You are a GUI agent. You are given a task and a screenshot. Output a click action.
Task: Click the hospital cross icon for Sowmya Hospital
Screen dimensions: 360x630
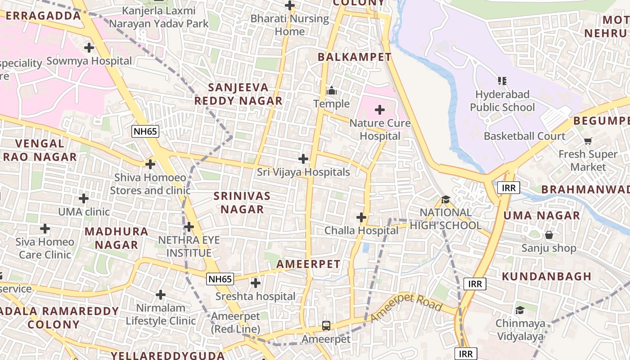point(89,47)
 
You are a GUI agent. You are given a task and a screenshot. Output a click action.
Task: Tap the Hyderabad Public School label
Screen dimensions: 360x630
point(502,101)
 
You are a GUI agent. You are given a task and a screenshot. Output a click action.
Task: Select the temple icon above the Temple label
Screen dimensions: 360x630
point(332,91)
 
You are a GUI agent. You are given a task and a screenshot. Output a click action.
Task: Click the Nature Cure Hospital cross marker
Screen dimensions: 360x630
point(380,110)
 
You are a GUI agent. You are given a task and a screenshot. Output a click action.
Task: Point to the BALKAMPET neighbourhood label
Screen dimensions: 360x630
point(355,57)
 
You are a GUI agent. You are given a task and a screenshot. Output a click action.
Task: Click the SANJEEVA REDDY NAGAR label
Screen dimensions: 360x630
point(238,94)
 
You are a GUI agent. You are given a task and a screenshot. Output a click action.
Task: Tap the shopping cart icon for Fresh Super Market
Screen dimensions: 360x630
point(588,141)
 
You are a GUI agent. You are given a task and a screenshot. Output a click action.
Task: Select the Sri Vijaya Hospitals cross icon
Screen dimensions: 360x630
point(303,159)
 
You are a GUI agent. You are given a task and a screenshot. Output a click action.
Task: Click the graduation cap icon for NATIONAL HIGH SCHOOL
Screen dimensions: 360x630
point(445,199)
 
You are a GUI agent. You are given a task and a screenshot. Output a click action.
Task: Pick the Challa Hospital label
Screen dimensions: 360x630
point(361,231)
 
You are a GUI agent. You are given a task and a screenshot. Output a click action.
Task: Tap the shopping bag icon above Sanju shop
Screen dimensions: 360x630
point(549,235)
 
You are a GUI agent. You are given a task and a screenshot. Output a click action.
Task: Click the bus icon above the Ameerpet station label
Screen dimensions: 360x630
point(326,326)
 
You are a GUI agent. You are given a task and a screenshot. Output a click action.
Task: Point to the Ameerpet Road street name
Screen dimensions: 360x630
point(406,307)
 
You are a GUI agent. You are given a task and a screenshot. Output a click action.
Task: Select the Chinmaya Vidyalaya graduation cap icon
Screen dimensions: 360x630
point(520,310)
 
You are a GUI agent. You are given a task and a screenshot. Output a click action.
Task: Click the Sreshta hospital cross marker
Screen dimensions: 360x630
point(256,283)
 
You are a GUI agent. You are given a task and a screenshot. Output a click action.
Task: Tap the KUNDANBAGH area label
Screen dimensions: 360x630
point(546,276)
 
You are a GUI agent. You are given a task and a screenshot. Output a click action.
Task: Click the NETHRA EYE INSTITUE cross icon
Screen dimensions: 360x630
point(189,227)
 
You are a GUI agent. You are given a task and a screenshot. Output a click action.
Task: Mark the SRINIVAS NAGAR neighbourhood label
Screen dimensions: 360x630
point(242,202)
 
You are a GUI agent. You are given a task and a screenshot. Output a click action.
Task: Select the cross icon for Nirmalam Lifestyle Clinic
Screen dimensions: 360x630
point(161,295)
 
